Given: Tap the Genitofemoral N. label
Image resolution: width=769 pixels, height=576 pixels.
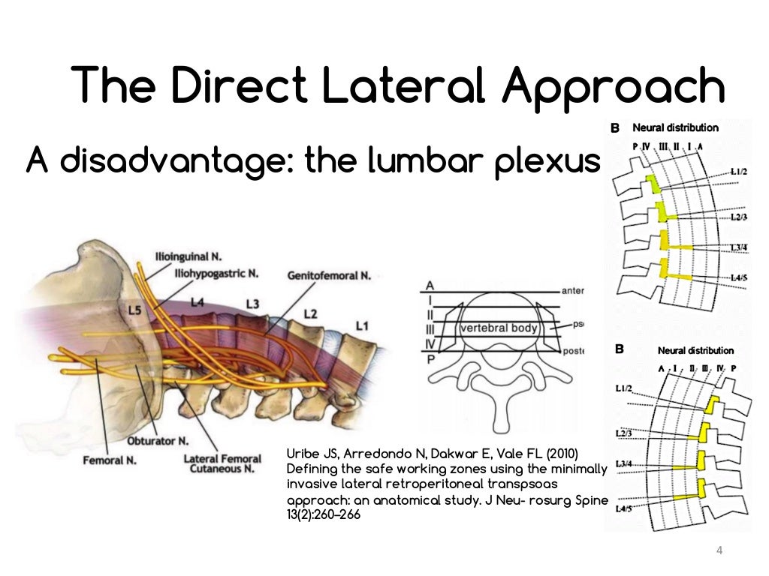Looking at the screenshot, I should coord(329,276).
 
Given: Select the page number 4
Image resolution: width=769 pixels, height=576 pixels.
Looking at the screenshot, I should coord(719,551).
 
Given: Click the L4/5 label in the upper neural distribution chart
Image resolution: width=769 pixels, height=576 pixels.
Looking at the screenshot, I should coord(739,277).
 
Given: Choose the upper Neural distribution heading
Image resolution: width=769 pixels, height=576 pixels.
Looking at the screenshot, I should coord(675,127).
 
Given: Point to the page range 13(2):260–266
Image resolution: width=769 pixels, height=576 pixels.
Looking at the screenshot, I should coord(319,515).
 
